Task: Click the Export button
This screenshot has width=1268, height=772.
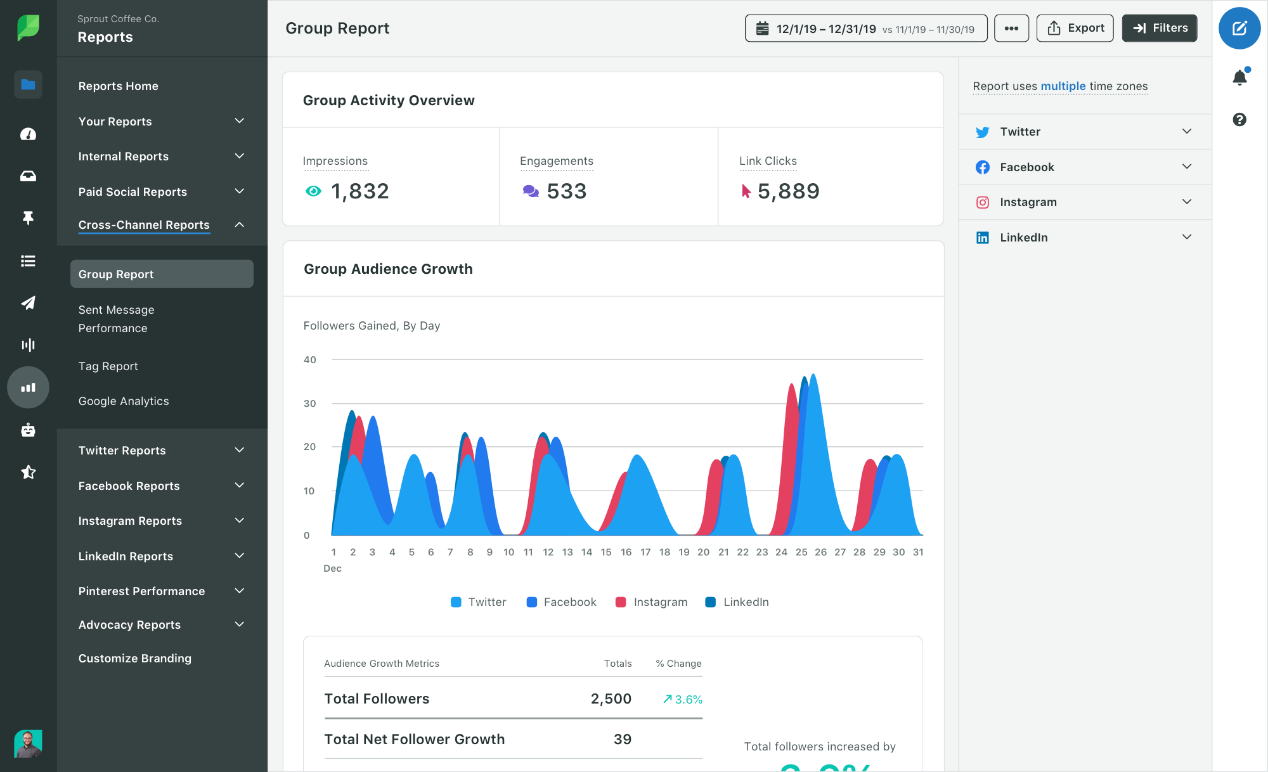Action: coord(1075,28)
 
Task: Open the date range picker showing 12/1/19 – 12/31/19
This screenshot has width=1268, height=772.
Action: coord(865,29)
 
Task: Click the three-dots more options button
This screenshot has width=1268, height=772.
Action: coord(1011,29)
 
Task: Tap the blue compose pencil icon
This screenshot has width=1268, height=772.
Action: coord(1239,29)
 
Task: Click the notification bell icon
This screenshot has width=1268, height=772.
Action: coord(1239,78)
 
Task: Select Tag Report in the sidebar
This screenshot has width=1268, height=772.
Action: coord(108,366)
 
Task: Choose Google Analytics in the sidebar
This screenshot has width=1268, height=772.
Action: coord(124,401)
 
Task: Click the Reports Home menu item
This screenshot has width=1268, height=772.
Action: coord(118,86)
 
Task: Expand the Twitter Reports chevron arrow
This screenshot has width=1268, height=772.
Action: coord(239,450)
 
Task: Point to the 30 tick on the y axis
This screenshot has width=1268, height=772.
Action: coord(309,404)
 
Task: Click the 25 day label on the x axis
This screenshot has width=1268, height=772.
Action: coord(801,552)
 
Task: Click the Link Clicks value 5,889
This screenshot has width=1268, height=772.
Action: coord(788,191)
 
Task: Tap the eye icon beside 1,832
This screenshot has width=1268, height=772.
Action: coord(313,191)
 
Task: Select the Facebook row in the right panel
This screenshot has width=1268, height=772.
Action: coord(1084,167)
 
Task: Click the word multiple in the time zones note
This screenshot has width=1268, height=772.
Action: coord(1063,86)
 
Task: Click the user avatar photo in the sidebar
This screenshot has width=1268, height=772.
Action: coord(28,743)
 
